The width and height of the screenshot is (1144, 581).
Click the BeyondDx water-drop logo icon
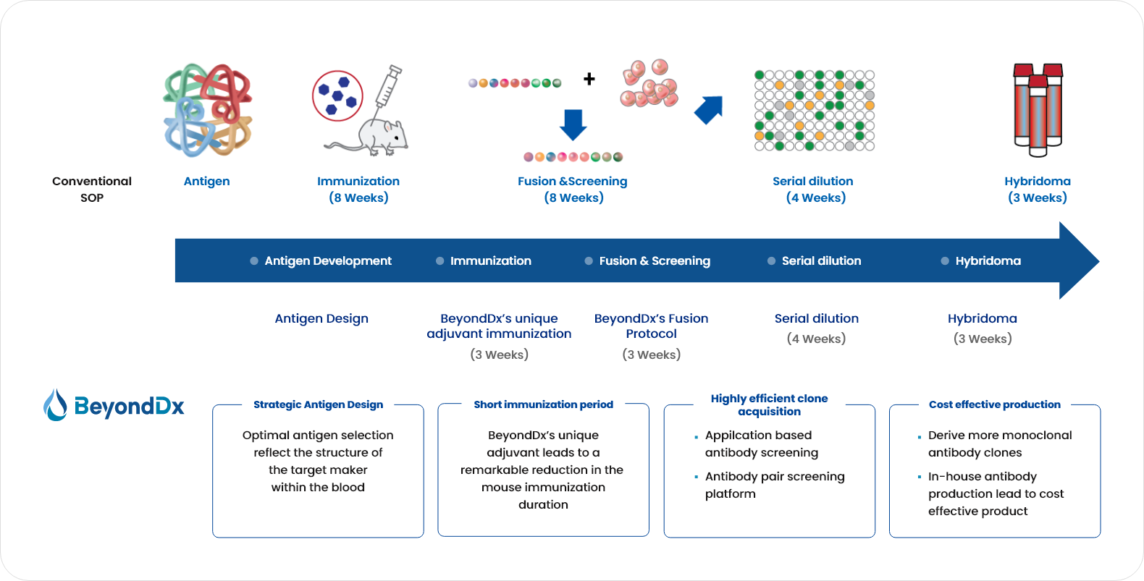click(x=55, y=405)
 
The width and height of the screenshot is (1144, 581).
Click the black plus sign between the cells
click(x=589, y=79)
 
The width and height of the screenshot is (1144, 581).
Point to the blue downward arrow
click(x=573, y=124)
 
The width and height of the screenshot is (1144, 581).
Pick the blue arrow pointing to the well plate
click(x=709, y=110)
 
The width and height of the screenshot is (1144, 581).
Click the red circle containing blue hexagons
click(x=337, y=96)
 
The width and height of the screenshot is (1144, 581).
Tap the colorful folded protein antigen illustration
click(x=208, y=110)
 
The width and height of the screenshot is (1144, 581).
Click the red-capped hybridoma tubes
click(x=1038, y=109)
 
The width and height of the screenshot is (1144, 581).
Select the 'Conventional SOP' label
click(x=92, y=190)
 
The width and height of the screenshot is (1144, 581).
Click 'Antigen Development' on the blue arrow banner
click(x=328, y=261)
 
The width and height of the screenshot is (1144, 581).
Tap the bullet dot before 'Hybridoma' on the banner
click(x=945, y=261)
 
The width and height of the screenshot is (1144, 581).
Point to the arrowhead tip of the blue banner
click(x=1099, y=261)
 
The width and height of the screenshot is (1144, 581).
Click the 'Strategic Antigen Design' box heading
click(x=318, y=404)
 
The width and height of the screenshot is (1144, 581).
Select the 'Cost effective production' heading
click(x=994, y=404)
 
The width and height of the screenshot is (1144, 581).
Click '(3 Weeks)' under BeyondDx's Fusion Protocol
click(x=651, y=355)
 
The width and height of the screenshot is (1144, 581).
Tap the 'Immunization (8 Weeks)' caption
click(x=358, y=190)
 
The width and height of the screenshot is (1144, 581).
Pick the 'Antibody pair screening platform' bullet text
click(x=775, y=485)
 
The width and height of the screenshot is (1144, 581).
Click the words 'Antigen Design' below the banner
click(x=321, y=318)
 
